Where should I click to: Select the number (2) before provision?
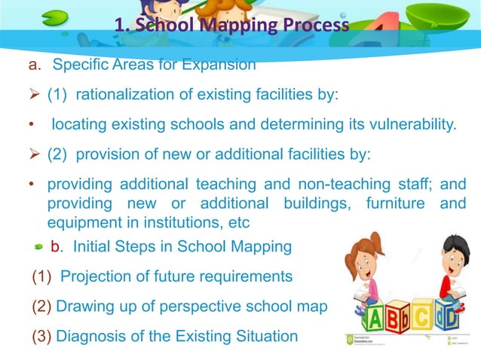click(x=58, y=154)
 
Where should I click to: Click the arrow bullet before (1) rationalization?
click(x=35, y=96)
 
